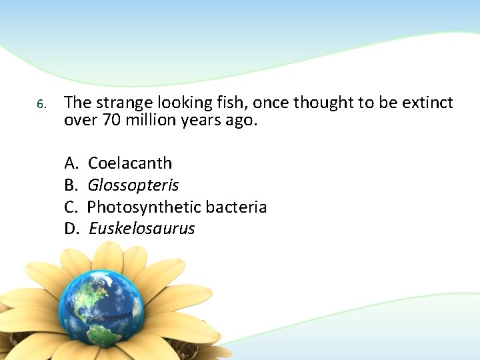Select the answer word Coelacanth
pos(130,163)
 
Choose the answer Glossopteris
pos(133,185)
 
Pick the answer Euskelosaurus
pos(141,229)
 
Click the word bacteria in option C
pos(236,207)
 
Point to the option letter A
pos(71,163)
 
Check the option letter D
pos(71,229)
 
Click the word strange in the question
pos(120,103)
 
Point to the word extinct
pos(427,103)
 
